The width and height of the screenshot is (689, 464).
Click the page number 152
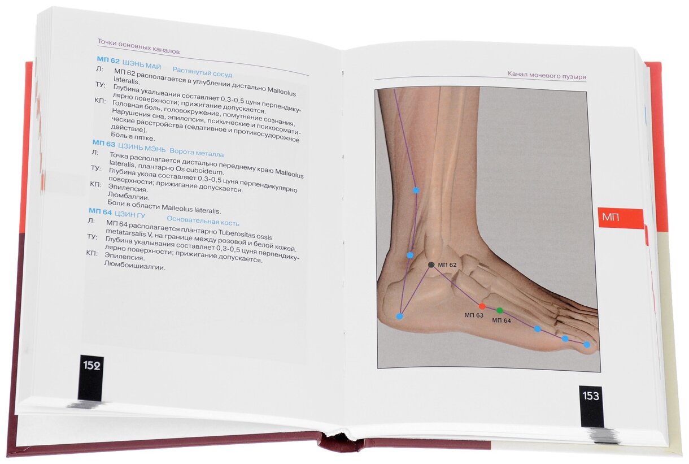pos(91,366)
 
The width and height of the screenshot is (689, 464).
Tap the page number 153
pos(591,396)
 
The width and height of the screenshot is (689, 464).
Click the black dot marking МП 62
pos(431,264)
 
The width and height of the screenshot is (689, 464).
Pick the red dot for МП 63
pos(482,306)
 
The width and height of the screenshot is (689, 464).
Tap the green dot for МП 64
pos(499,310)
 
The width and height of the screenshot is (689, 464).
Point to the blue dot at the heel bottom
pos(399,316)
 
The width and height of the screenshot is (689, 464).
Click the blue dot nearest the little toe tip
pos(586,344)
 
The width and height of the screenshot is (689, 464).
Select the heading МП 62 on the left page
pos(108,60)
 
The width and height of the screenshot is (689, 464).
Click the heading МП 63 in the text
pos(103,144)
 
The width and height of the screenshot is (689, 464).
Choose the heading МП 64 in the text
pos(99,213)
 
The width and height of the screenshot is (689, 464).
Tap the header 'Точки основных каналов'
pos(138,46)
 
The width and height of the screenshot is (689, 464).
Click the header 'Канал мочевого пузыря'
pos(546,76)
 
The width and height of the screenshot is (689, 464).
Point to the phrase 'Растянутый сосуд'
pos(202,72)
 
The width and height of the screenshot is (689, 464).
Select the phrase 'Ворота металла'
pos(197,153)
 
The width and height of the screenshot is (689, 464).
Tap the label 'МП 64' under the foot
pos(501,320)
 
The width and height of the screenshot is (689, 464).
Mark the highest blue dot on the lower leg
pos(416,190)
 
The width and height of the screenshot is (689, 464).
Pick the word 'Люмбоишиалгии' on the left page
pos(134,266)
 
